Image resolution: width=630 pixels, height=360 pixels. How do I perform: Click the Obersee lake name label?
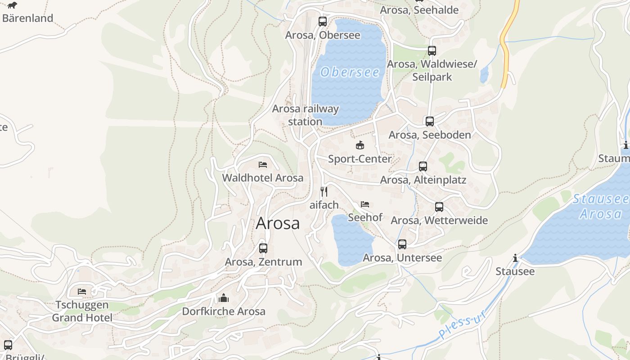point(350,72)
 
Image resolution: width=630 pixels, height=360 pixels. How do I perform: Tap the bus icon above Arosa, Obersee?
point(323,21)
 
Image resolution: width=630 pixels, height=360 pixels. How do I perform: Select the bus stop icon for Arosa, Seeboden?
point(430,121)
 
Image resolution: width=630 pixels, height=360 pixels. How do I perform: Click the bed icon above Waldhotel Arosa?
point(263,165)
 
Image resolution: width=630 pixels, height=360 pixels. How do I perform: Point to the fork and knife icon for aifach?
point(324,191)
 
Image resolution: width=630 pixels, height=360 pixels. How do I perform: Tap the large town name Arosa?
point(278,223)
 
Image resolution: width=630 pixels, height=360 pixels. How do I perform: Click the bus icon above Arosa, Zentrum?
point(263,248)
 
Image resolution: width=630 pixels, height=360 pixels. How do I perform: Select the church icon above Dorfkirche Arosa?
point(224,298)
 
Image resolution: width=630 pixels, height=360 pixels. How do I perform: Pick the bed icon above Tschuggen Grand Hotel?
point(82,292)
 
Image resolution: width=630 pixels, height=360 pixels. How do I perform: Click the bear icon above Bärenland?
point(12,5)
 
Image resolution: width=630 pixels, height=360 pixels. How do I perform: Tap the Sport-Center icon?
point(360,145)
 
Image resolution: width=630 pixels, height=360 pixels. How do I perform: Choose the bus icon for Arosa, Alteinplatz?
point(423,166)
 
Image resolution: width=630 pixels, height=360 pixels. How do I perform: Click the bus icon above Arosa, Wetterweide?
point(439,207)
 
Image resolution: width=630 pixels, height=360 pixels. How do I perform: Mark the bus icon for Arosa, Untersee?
point(402,244)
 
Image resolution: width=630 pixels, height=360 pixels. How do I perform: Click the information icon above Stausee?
point(515,258)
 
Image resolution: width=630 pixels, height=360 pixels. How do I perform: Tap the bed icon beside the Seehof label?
point(365,204)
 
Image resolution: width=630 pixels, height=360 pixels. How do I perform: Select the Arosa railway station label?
point(306,115)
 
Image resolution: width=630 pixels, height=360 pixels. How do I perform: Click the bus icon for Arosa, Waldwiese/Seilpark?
point(432,51)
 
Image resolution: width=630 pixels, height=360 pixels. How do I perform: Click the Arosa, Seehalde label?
point(419,10)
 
